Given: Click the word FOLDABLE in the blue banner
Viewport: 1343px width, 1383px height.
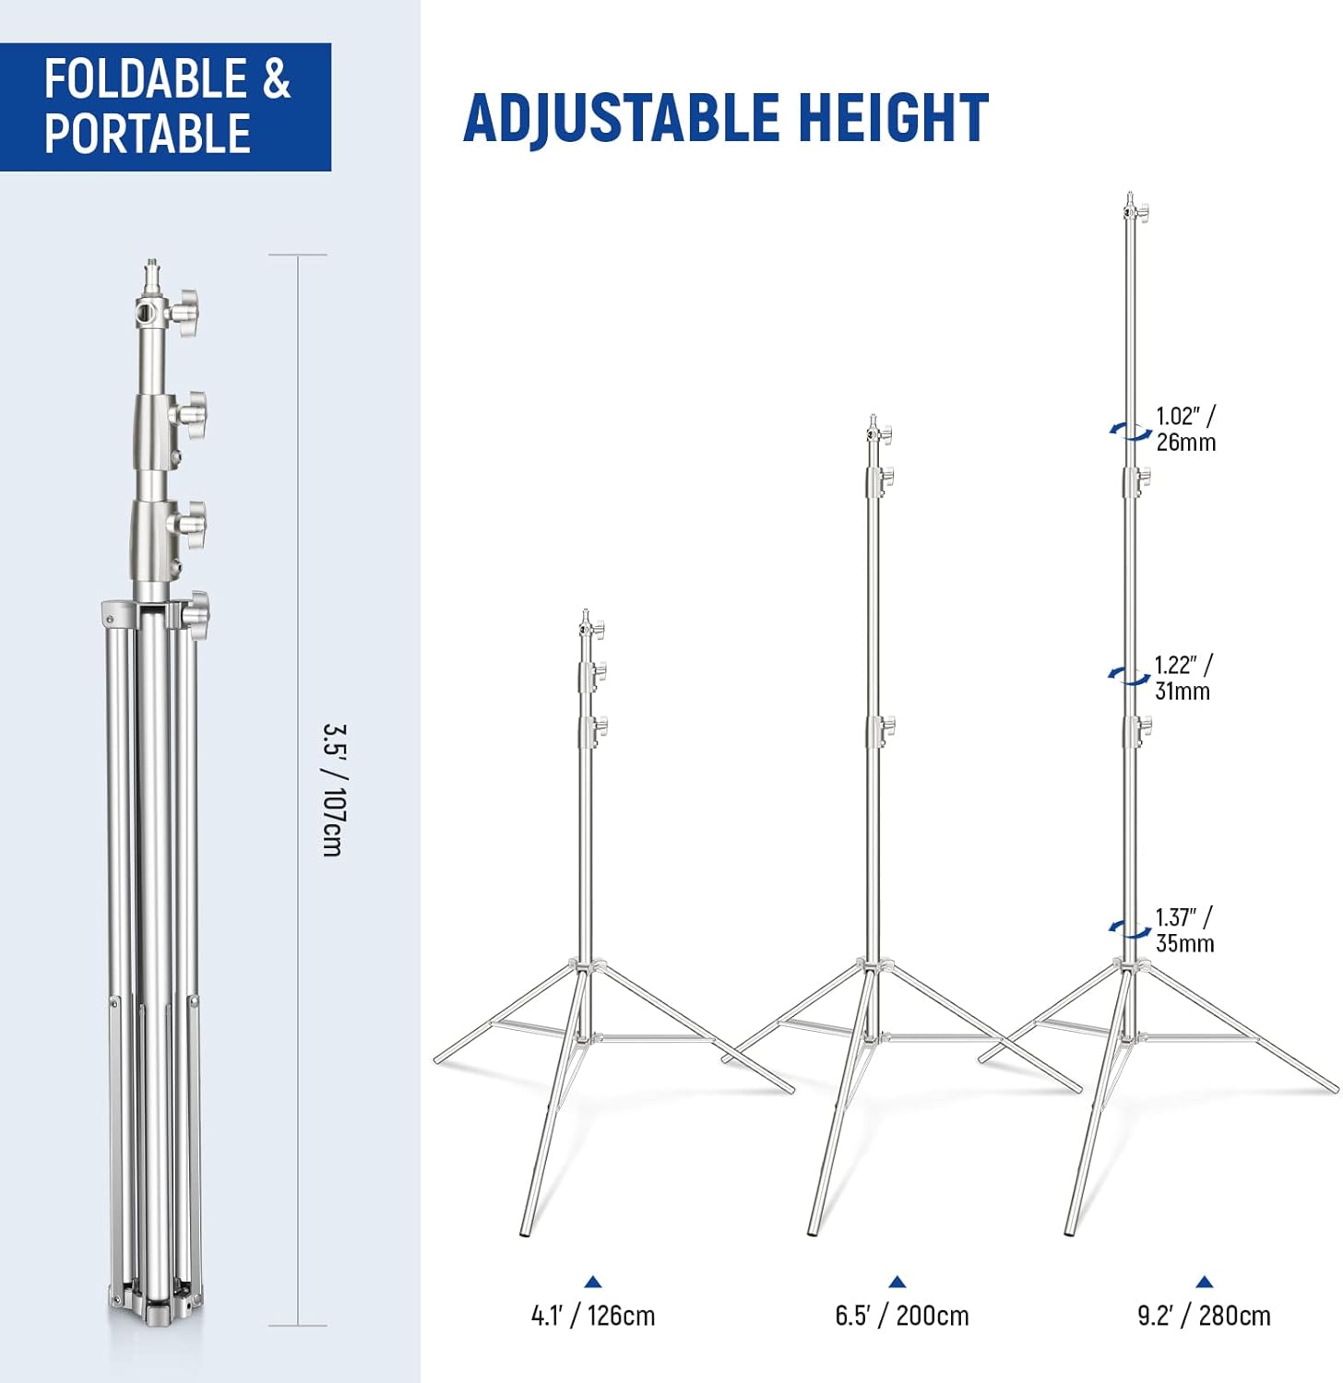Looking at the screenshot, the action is tap(146, 78).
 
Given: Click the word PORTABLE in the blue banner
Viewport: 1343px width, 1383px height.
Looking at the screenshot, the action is tap(148, 133).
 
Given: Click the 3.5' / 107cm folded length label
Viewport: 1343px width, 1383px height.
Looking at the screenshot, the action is tap(333, 790).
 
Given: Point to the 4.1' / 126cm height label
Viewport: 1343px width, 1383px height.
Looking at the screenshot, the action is tap(593, 1316).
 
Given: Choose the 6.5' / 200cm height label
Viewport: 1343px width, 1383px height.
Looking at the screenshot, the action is tap(902, 1316).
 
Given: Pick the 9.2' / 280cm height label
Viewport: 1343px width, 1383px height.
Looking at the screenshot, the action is tap(1204, 1316).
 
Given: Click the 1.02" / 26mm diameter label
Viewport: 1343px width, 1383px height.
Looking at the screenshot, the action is tap(1186, 429).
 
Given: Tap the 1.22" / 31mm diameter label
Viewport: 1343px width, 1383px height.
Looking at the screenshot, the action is tap(1183, 678).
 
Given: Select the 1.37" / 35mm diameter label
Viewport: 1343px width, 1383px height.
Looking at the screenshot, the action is tap(1185, 930).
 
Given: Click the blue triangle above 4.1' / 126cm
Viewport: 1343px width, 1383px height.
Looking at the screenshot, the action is tap(593, 1282).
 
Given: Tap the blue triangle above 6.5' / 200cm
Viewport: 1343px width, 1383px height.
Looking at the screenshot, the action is tap(897, 1282).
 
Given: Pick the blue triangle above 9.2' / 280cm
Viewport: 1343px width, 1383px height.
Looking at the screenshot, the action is tap(1204, 1282).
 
